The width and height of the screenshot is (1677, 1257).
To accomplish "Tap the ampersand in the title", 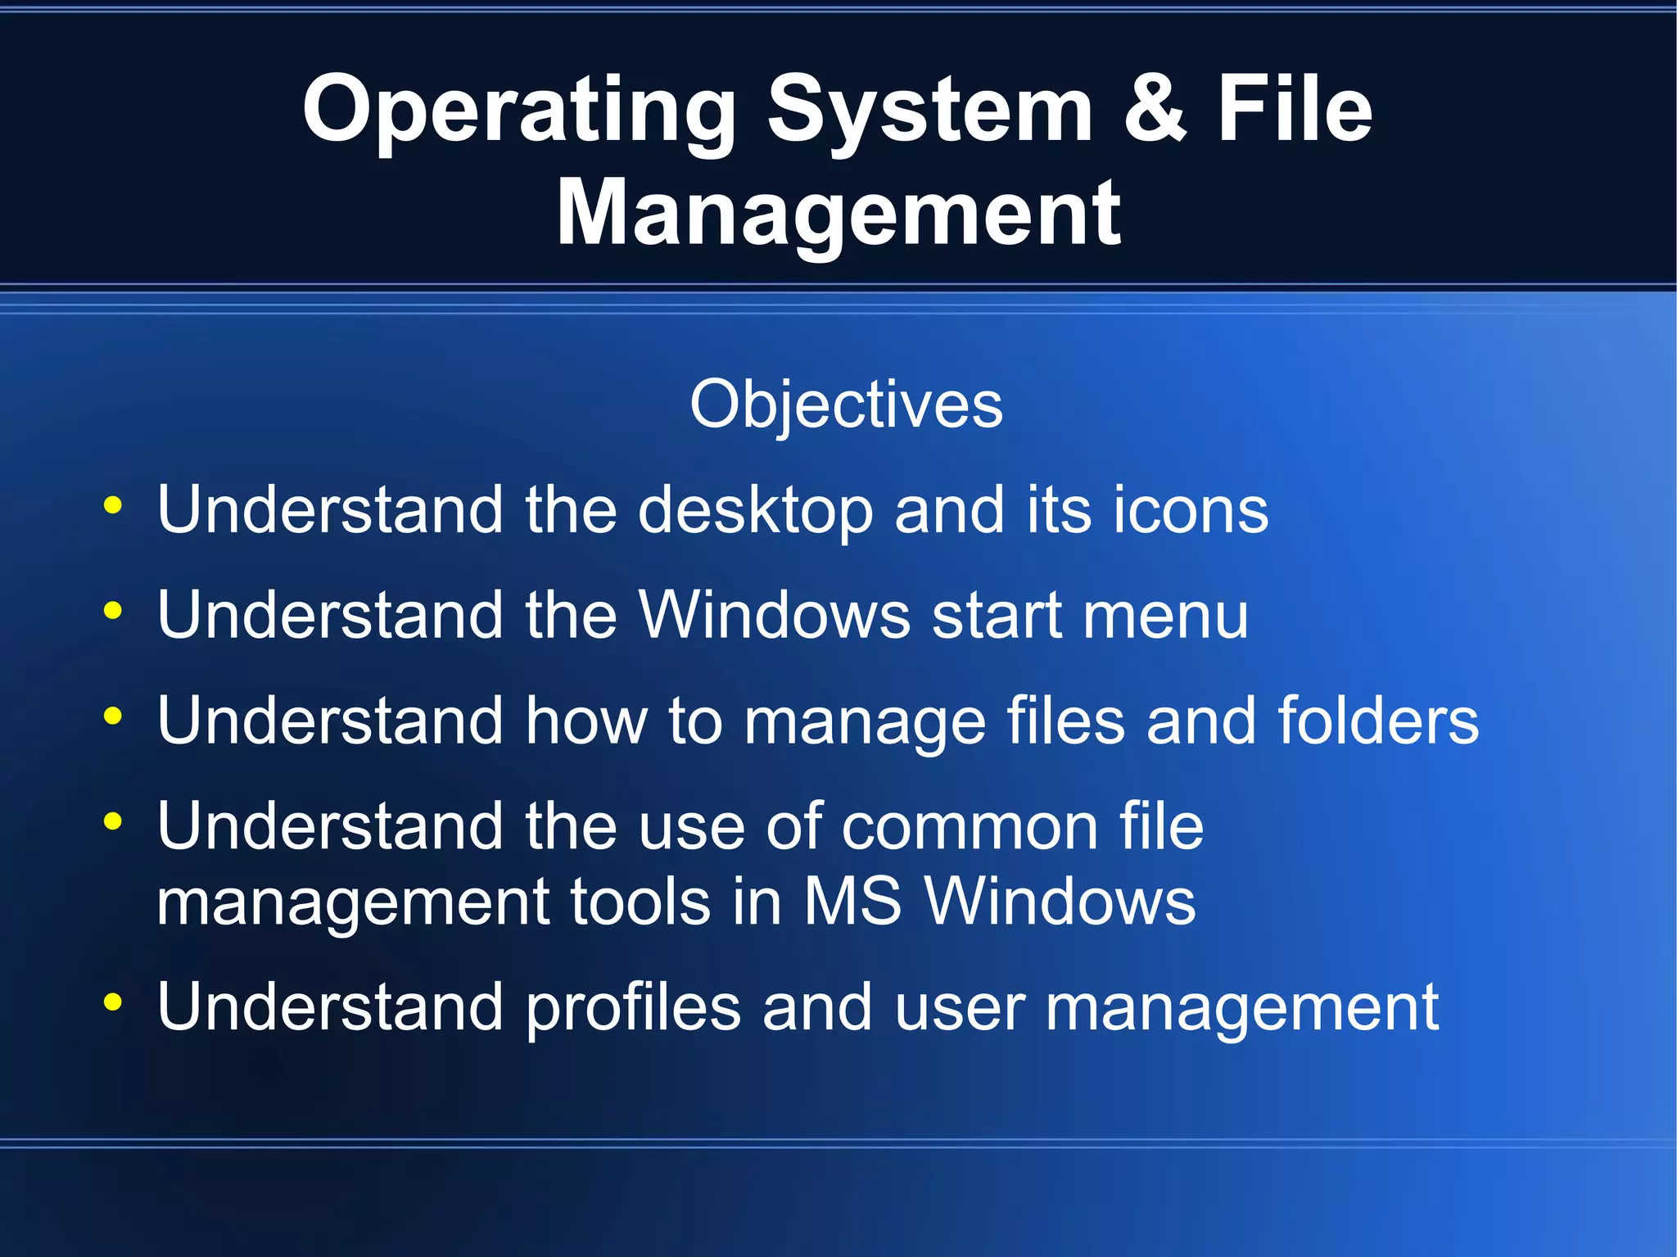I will coord(1155,110).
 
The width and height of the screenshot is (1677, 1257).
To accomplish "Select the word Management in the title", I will coord(838,215).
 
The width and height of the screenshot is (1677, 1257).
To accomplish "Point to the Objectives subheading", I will coord(846,405).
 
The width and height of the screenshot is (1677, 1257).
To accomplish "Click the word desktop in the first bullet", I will coord(755,511).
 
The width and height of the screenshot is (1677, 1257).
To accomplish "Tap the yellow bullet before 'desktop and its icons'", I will coord(113,505).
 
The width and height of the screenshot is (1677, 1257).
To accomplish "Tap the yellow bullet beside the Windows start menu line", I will coord(113,610).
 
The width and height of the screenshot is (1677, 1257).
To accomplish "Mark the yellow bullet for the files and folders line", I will coord(113,716).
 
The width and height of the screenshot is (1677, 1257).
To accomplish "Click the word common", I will coord(970,827).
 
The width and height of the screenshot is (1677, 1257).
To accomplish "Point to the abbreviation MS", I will coord(852,902).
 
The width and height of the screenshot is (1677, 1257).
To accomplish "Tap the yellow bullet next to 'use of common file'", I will coord(113,821).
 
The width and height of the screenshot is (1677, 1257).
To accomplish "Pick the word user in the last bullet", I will coord(960,1009).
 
